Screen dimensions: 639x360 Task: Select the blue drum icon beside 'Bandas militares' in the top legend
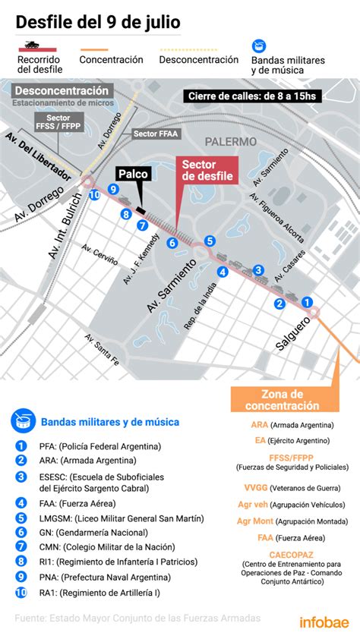point(260,46)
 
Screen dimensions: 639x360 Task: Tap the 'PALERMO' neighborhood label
point(230,141)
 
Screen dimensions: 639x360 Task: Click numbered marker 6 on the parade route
point(172,243)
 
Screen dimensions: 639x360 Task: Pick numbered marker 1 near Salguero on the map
point(308,302)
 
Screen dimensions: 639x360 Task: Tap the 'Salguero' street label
point(294,334)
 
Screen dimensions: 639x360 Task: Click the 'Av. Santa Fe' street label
point(102,350)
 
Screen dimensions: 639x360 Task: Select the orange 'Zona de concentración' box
point(282,400)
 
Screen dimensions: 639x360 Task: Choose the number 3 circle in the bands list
point(21,477)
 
